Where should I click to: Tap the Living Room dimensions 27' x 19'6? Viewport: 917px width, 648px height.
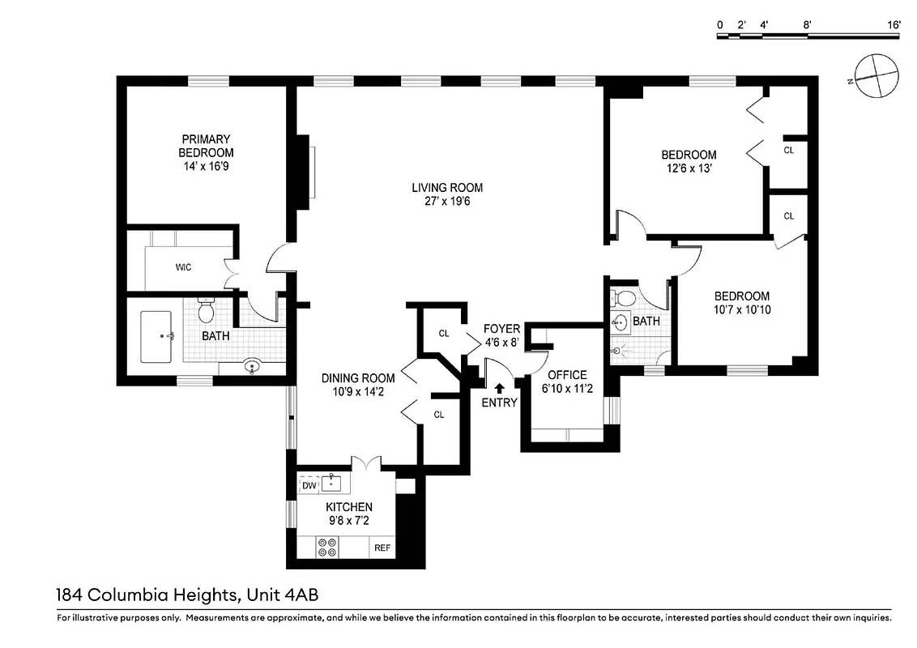441,201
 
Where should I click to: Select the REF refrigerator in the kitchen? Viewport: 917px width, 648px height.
382,548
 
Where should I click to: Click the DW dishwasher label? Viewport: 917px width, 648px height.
309,485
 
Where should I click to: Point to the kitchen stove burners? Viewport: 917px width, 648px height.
329,548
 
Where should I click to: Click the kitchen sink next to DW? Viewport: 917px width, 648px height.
333,484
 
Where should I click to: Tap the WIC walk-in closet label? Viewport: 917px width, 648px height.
183,267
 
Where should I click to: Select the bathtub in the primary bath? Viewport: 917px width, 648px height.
159,336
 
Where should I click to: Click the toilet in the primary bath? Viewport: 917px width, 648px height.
206,310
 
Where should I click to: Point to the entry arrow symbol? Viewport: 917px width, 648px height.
499,388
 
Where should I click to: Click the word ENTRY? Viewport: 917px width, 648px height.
499,403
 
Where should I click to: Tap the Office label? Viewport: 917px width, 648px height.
567,375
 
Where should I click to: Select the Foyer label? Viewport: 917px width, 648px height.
501,328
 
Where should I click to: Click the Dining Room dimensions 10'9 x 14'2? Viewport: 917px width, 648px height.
358,392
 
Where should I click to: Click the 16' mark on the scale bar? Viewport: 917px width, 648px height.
894,25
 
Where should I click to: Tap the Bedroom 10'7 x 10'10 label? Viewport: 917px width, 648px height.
741,296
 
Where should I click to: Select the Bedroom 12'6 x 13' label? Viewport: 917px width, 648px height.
689,155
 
